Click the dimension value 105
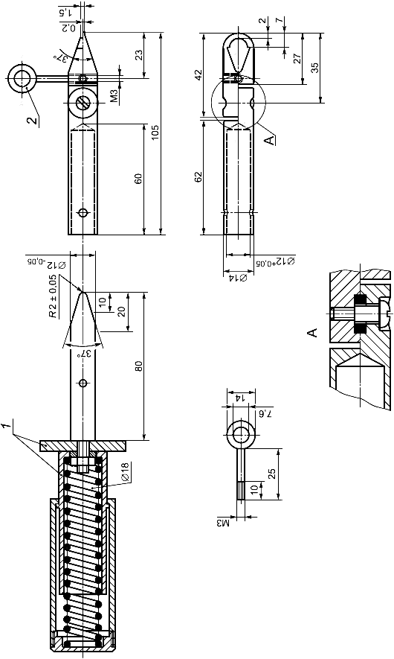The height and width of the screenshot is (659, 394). (155, 133)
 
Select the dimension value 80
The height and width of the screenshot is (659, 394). (140, 366)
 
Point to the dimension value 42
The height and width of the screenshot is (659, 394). (198, 74)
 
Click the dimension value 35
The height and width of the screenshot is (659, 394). (315, 68)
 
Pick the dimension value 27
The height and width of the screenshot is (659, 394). (297, 58)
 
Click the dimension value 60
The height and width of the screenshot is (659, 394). (139, 179)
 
